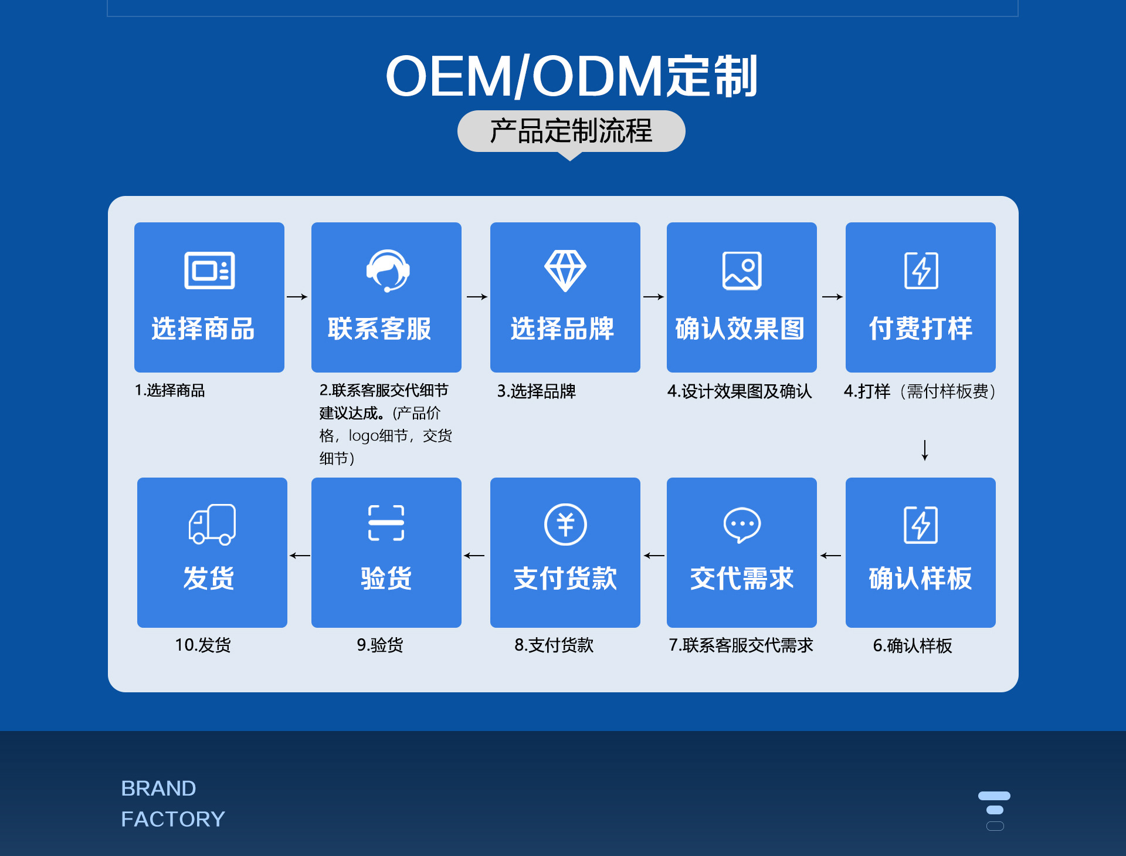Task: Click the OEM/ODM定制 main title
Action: pos(571,76)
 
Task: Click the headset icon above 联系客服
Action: pos(388,270)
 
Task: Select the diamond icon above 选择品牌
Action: pos(565,270)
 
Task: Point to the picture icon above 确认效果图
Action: pos(742,270)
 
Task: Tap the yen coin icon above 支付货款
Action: pos(565,525)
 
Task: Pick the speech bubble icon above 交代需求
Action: pos(742,525)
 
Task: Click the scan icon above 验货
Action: pos(386,523)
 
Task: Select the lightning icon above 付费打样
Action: pos(921,270)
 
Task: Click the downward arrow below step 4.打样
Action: pos(925,450)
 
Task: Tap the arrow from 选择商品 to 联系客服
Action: pos(297,297)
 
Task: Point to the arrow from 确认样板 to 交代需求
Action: pos(830,556)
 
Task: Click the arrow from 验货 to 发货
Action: pos(300,556)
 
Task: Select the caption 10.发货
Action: pos(203,645)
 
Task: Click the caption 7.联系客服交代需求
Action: pos(741,645)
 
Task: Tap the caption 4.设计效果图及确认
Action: pos(740,391)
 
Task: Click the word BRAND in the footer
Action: pos(158,788)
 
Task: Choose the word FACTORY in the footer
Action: pos(173,819)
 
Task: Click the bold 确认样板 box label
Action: pos(920,578)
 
